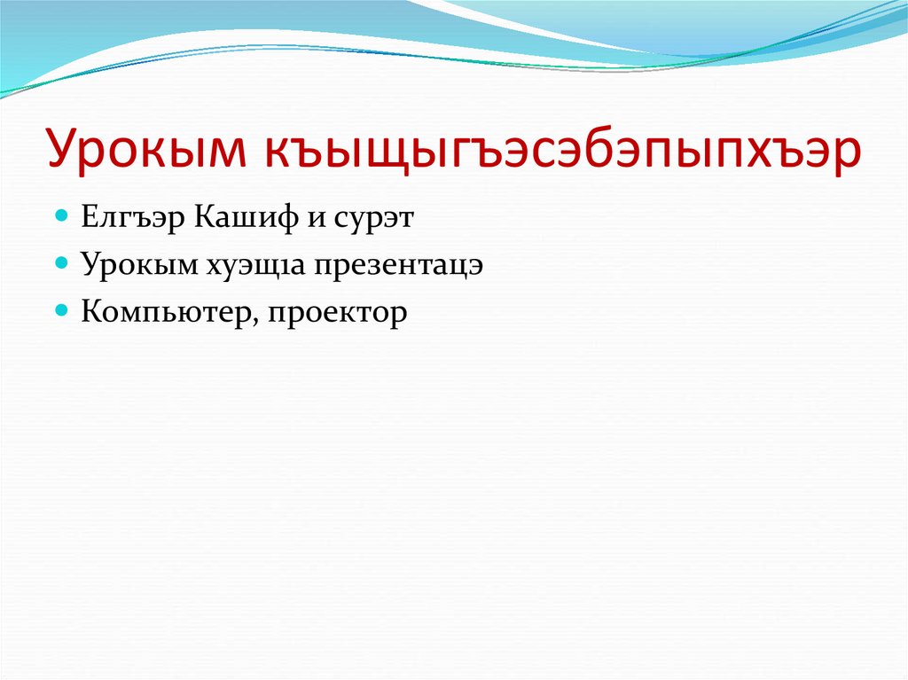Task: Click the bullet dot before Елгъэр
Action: [x=62, y=216]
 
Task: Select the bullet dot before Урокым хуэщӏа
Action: [x=62, y=263]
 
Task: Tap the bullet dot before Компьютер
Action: [x=62, y=311]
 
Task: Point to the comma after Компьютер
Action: [x=254, y=320]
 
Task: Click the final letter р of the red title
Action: [x=847, y=153]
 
